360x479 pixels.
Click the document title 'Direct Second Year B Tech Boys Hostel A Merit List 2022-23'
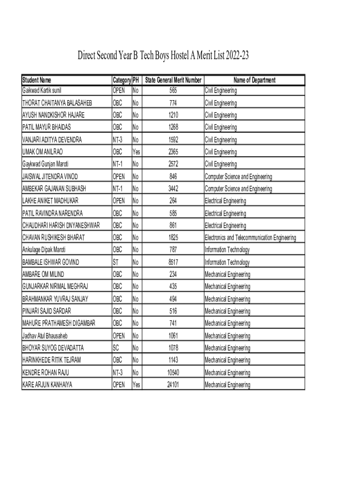(x=163, y=56)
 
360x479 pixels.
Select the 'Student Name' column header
(x=37, y=80)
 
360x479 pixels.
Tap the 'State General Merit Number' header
(x=173, y=80)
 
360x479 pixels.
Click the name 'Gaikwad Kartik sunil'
(x=42, y=90)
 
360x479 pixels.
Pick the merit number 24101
(x=173, y=385)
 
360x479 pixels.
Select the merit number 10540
(x=173, y=373)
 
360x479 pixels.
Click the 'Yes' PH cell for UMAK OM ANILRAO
(x=137, y=152)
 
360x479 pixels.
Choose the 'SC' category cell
(x=116, y=348)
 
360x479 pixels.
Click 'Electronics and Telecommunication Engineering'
(x=250, y=238)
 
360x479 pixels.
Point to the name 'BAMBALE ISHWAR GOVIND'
(x=50, y=262)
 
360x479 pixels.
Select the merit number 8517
(x=173, y=262)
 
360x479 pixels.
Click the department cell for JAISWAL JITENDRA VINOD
(x=238, y=176)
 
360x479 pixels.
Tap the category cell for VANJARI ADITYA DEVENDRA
(x=118, y=139)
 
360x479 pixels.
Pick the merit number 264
(x=173, y=201)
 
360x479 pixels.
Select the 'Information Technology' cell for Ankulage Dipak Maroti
(x=227, y=250)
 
